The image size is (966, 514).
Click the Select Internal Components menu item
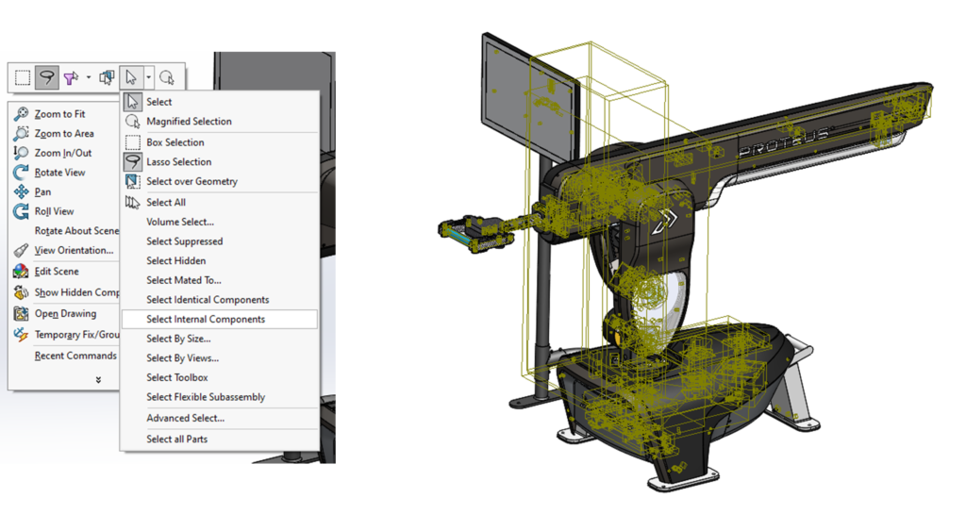click(x=206, y=319)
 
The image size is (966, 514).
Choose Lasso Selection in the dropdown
click(x=178, y=161)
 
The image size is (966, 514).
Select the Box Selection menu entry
click(x=175, y=142)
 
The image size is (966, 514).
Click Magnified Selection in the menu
click(x=189, y=122)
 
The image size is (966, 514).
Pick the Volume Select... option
click(x=179, y=222)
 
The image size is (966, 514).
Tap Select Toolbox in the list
click(x=176, y=377)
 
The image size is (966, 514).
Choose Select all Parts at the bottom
click(x=176, y=439)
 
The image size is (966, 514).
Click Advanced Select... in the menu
click(x=185, y=418)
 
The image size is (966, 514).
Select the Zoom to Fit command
click(x=59, y=114)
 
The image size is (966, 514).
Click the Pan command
click(x=42, y=191)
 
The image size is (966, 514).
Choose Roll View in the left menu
click(x=54, y=211)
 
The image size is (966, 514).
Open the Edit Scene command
click(x=57, y=271)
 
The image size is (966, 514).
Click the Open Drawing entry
click(x=65, y=313)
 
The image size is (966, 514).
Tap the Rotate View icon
click(x=21, y=173)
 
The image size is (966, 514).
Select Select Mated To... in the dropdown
click(x=183, y=280)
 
